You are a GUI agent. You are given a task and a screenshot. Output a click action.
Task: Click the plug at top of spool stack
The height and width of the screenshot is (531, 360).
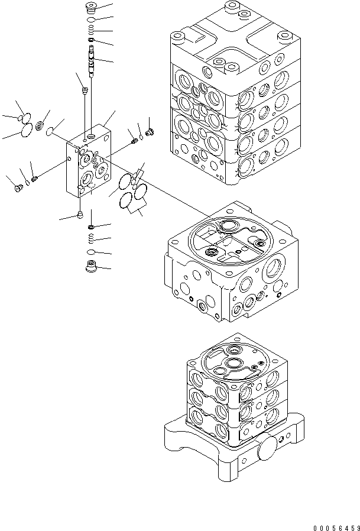pyautogui.click(x=90, y=9)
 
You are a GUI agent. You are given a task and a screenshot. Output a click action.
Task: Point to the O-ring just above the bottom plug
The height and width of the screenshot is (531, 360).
pyautogui.click(x=91, y=252)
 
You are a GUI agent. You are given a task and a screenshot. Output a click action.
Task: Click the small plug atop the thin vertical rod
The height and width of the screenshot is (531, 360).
pyautogui.click(x=85, y=90)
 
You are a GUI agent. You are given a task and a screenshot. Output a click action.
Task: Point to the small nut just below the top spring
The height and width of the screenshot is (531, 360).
pyautogui.click(x=90, y=40)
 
